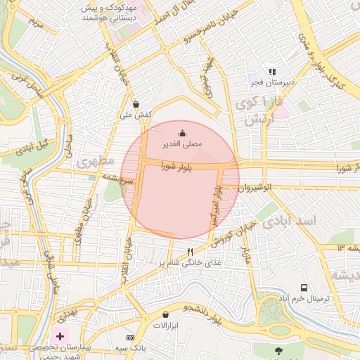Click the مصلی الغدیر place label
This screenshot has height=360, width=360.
(x=183, y=143)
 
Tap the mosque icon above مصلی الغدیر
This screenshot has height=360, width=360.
(x=183, y=133)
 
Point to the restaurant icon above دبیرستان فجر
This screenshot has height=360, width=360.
(x=272, y=72)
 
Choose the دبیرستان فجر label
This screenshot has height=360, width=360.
(x=272, y=83)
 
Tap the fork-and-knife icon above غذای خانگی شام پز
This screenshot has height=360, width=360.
(x=190, y=252)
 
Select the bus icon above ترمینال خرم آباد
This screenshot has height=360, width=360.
(x=304, y=288)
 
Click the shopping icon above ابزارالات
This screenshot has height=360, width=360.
(x=165, y=314)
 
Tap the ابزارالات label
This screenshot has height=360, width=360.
(x=167, y=326)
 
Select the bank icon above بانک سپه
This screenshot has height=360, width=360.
(x=130, y=338)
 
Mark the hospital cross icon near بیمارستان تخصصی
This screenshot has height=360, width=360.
(x=59, y=337)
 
